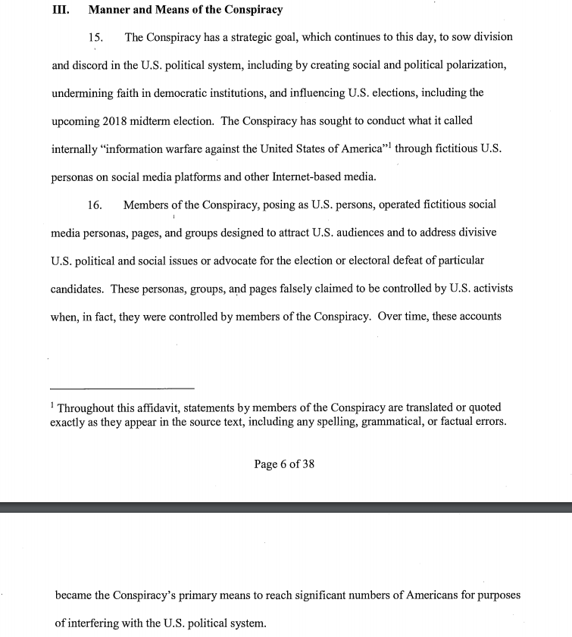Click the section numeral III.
coord(60,11)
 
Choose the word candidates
coord(77,289)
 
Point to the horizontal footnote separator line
coord(122,388)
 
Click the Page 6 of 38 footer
coord(284,464)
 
